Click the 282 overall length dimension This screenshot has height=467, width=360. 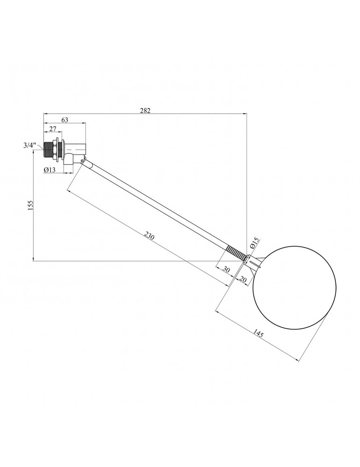coord(145,110)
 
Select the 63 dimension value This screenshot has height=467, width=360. coord(64,120)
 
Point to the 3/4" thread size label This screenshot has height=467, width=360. coord(30,146)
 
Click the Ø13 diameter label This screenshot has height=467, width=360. coord(49,170)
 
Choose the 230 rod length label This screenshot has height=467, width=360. coord(149,236)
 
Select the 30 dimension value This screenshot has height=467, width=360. coord(226,270)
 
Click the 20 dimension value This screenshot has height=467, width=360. coord(243,279)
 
